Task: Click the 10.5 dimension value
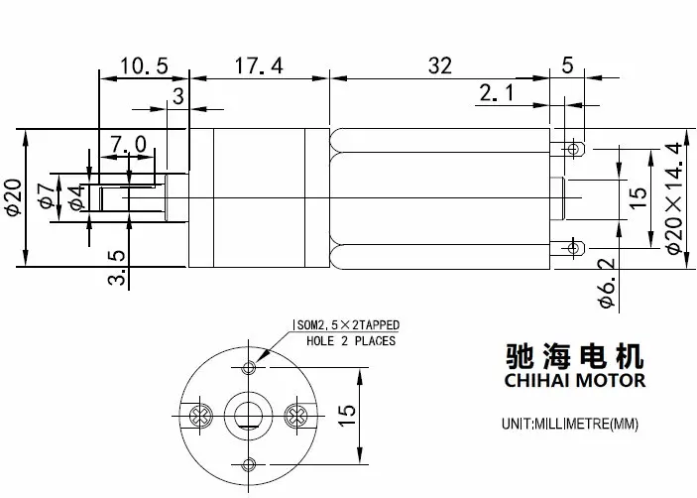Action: (144, 65)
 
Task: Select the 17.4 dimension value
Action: (259, 65)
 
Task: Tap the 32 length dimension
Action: (440, 65)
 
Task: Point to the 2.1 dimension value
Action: (497, 92)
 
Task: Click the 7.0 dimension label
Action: (128, 145)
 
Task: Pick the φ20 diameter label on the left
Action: (13, 197)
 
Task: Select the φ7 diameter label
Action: (48, 196)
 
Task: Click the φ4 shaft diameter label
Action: (76, 197)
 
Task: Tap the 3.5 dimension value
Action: (116, 267)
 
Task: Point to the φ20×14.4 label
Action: (674, 197)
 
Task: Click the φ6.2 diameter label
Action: (607, 283)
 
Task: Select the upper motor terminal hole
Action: (573, 148)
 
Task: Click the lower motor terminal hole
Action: (573, 247)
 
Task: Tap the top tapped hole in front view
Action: (249, 368)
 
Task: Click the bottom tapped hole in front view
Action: (249, 465)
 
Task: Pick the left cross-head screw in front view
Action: (200, 417)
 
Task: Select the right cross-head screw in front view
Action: (296, 417)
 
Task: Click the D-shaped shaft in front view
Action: (249, 415)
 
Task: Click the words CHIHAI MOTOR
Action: (575, 381)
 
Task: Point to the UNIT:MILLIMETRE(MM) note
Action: (570, 424)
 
